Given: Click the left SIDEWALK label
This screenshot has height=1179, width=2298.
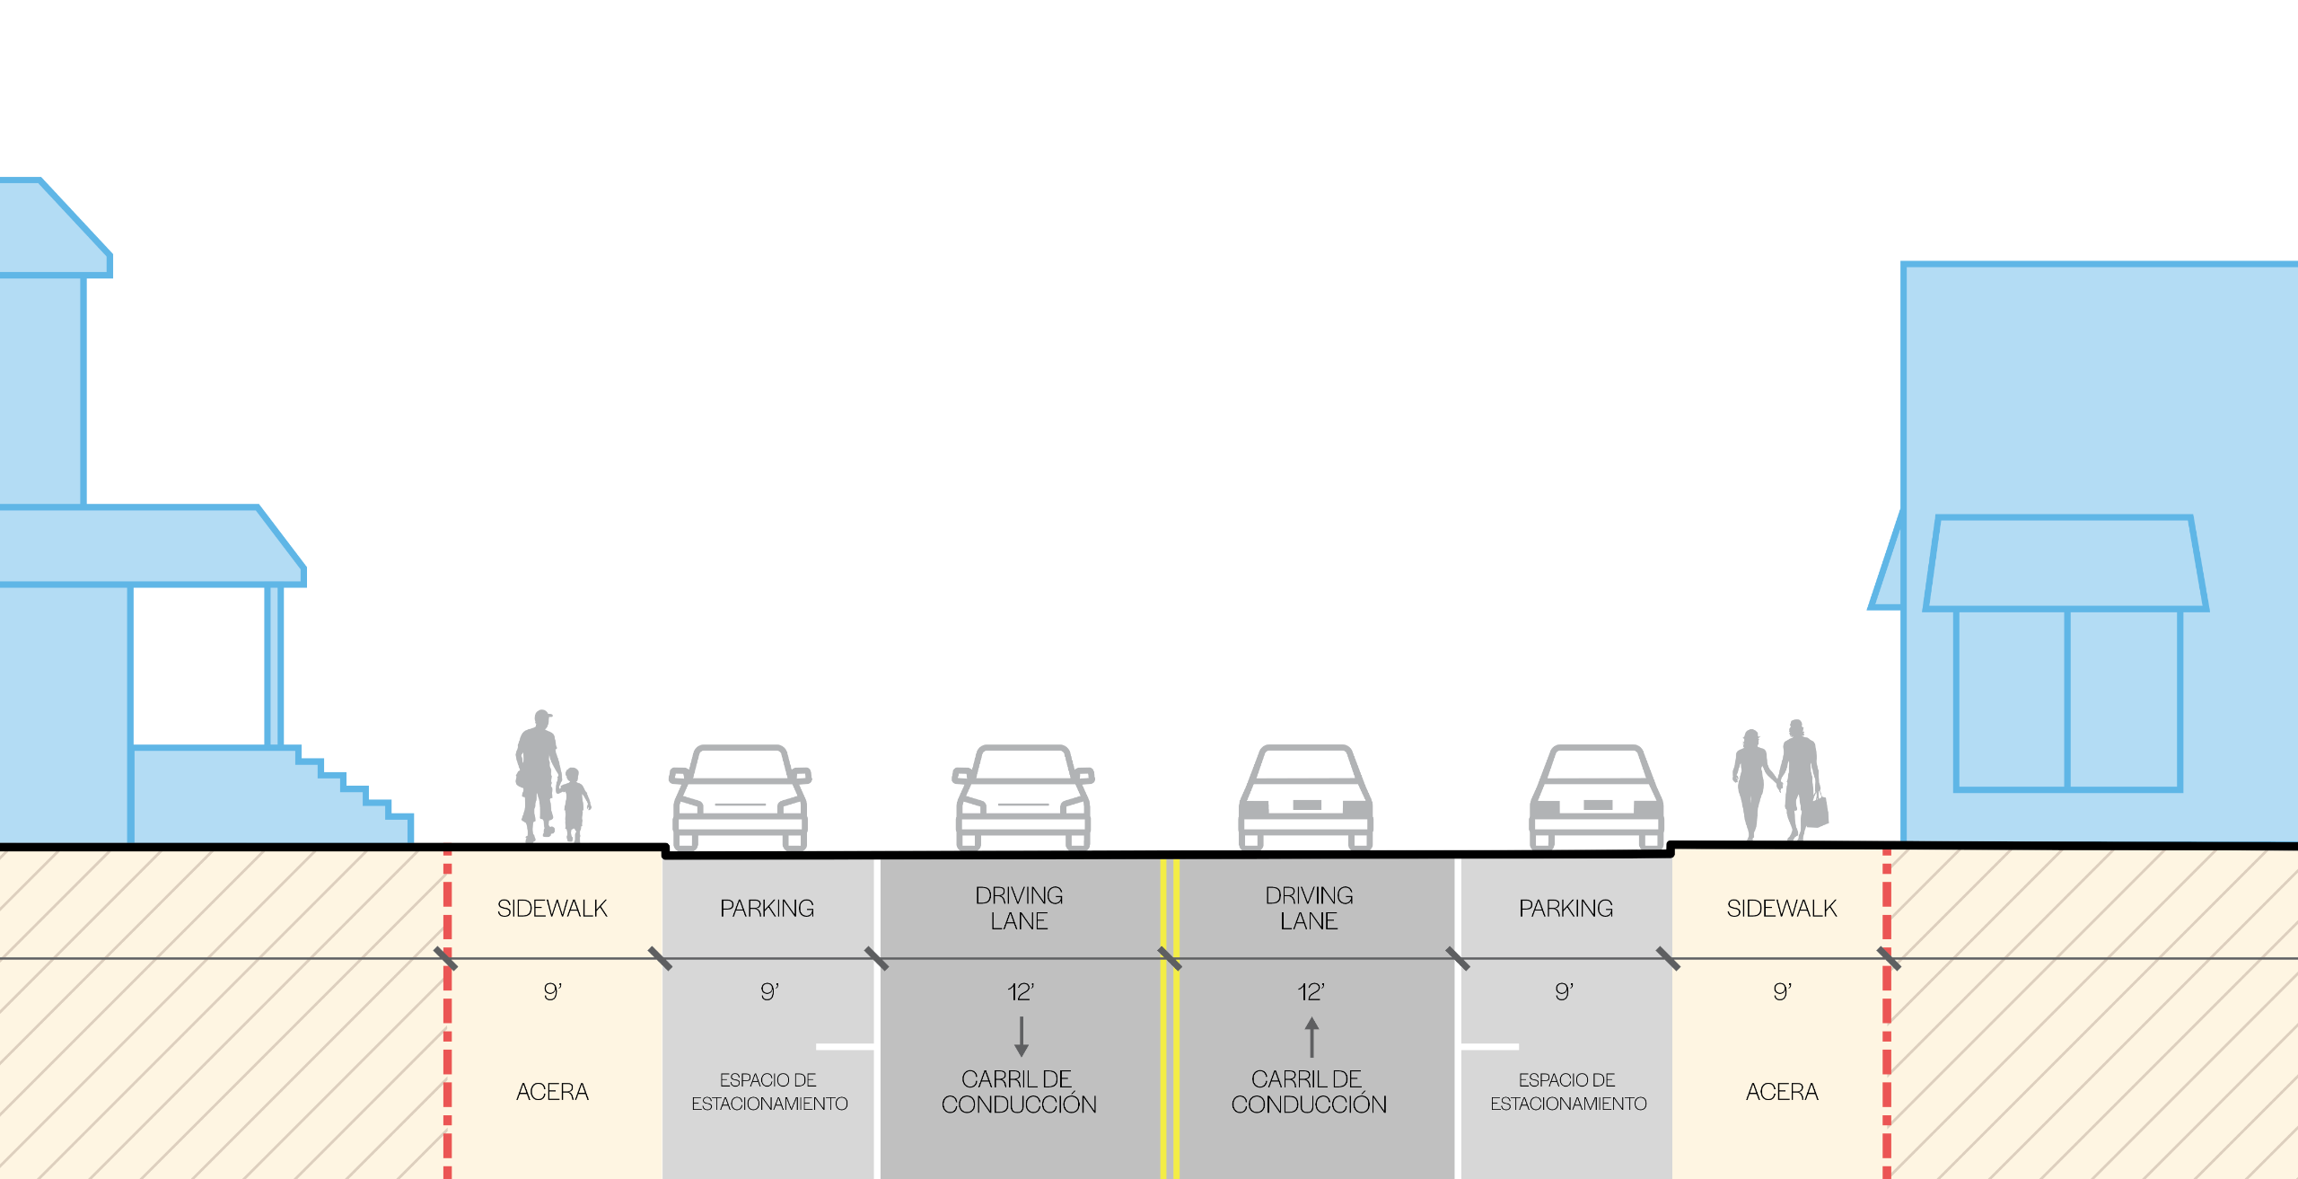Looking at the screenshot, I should point(552,909).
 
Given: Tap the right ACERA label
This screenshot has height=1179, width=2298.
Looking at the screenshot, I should point(1782,1092).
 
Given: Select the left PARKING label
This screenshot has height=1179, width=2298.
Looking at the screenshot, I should point(767,909).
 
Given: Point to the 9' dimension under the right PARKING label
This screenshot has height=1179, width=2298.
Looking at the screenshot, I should point(1564,992).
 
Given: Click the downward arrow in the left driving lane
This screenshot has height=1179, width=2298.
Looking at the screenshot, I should point(1021,1036).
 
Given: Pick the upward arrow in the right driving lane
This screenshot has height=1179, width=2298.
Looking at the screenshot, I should point(1311,1036).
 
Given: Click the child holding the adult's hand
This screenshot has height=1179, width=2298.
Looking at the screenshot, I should point(573,804).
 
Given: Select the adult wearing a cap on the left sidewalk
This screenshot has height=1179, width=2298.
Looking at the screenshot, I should point(537,772).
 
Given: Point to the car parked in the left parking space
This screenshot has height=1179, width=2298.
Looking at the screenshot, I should point(740,797).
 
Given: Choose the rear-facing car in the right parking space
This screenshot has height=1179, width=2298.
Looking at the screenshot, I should point(1596,797).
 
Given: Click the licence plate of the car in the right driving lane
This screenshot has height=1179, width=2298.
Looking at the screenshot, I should point(1306,805).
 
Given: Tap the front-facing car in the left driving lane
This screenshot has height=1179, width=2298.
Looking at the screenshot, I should point(1022,797).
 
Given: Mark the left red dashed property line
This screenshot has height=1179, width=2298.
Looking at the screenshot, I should point(447,1015).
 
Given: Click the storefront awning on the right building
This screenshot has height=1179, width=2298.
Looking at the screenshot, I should point(2065,564).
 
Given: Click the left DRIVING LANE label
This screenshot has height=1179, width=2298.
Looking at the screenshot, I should point(1019,908).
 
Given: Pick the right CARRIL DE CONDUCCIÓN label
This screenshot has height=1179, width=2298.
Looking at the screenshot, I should point(1309,1092).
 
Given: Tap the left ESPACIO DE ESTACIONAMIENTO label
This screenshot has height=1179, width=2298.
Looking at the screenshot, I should point(769,1092).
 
